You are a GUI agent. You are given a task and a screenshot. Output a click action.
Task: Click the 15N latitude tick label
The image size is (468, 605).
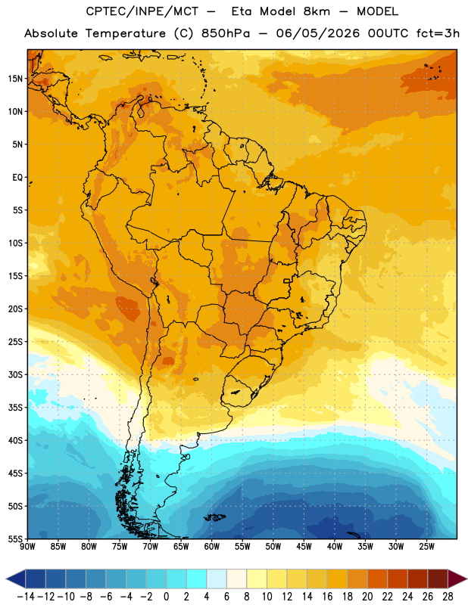click(15, 79)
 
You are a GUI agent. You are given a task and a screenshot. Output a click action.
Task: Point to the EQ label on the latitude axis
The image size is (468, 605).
click(17, 178)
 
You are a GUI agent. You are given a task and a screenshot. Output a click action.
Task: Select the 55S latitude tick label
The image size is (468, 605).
click(15, 538)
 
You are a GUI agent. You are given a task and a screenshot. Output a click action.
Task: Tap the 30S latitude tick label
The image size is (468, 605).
click(15, 374)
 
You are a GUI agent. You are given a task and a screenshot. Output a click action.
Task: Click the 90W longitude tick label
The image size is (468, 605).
click(27, 546)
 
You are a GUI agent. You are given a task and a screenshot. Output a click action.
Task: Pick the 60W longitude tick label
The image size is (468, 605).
click(212, 546)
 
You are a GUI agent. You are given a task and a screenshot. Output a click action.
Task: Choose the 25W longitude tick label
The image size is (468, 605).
click(426, 546)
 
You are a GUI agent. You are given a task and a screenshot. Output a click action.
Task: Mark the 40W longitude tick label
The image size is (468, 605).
click(335, 546)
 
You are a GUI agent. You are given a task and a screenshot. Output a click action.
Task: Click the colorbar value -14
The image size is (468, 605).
click(26, 597)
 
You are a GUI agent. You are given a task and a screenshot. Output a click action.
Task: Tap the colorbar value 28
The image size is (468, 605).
click(448, 597)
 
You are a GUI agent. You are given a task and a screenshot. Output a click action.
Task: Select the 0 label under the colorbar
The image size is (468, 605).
click(166, 597)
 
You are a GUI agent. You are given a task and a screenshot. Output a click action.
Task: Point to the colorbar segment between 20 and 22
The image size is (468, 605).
click(378, 579)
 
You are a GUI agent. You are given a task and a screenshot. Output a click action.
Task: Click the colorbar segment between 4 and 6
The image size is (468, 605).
click(217, 579)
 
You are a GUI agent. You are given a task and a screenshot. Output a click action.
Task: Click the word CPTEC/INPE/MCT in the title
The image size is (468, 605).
click(142, 11)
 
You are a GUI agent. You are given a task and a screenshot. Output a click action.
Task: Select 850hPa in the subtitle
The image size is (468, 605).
click(226, 33)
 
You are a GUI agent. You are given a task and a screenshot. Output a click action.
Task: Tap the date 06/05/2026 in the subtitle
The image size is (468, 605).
click(317, 33)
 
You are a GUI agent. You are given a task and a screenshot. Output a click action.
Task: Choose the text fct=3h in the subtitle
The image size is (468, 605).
click(438, 33)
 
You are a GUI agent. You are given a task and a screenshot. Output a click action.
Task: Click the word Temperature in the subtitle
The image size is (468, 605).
click(126, 33)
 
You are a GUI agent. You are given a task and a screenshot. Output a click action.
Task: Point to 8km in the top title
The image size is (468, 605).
click(317, 11)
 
